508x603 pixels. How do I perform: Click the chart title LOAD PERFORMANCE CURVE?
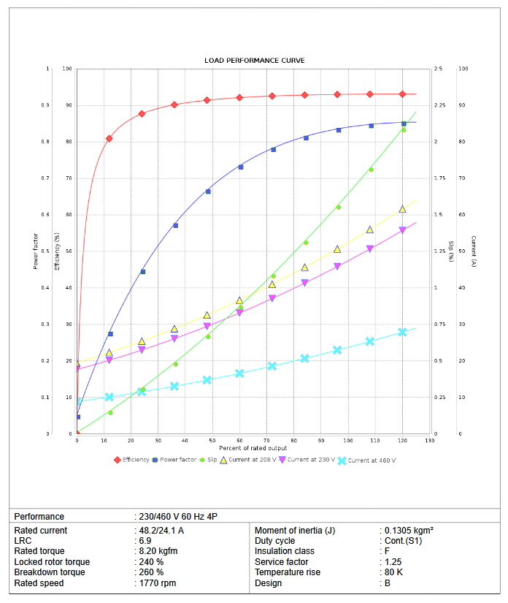click(x=254, y=61)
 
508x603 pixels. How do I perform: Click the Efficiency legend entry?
click(x=136, y=460)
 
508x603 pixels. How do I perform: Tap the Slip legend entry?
click(x=212, y=460)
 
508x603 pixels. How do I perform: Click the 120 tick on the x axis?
click(x=402, y=441)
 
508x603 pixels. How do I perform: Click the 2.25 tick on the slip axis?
click(x=440, y=105)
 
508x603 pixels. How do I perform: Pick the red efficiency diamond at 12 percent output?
click(x=109, y=138)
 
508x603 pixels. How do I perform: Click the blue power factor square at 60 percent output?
click(x=240, y=167)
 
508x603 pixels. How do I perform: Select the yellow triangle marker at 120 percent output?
click(x=402, y=209)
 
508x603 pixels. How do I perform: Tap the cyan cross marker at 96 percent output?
click(x=337, y=350)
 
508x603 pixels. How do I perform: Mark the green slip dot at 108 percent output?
click(x=371, y=170)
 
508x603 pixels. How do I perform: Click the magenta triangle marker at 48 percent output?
click(x=207, y=327)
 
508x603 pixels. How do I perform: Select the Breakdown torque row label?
click(x=42, y=572)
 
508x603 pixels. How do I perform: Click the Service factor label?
click(x=282, y=562)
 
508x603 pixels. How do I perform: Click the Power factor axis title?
click(x=35, y=251)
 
